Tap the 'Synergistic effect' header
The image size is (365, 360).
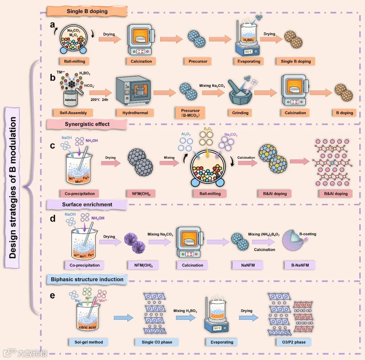(x=87, y=124)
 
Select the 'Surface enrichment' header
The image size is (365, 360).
(x=87, y=204)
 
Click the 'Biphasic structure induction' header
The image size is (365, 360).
(x=87, y=279)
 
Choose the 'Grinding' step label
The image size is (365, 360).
(x=241, y=113)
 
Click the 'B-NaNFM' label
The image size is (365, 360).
(x=299, y=265)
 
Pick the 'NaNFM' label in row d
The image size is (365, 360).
(x=240, y=265)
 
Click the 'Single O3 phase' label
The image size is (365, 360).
(x=157, y=342)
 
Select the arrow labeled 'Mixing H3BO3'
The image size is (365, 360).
(x=185, y=317)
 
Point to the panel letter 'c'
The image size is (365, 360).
(x=52, y=146)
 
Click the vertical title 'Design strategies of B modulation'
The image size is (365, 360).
(x=13, y=187)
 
